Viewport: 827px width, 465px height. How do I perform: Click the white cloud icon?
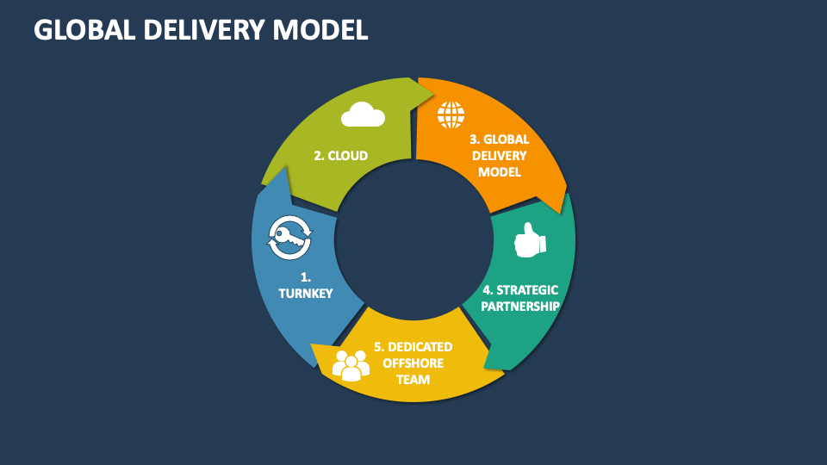coord(362,115)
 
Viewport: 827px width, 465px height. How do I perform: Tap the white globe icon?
coord(451,115)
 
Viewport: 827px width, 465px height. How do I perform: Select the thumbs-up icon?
coord(529,242)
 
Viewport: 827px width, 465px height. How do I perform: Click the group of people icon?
coord(351,365)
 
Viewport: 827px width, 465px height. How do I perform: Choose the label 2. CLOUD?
coord(340,156)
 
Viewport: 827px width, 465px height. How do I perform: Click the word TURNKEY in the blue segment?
coord(305,294)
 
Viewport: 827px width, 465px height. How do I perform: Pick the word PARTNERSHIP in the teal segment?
coord(519,306)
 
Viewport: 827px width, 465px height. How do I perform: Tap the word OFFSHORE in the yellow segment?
coord(413,363)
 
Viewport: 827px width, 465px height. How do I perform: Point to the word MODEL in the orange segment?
coord(500,171)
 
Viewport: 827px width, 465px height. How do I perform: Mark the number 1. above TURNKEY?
coord(305,277)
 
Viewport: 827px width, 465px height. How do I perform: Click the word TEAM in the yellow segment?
coord(412,379)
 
